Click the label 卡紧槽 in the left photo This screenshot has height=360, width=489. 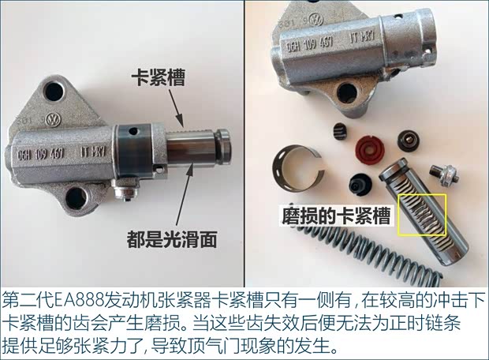pos(158,77)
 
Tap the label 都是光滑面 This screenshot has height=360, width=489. pos(171,239)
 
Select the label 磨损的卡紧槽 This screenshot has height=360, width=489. pos(336,215)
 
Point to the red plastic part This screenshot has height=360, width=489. pos(370,149)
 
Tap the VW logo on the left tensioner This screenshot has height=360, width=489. pos(53,120)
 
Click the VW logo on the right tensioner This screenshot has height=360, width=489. pos(316,20)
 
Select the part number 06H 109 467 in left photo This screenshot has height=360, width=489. pos(41,154)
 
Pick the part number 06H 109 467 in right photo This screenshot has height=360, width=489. pos(310,45)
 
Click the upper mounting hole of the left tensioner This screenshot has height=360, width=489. pos(54,92)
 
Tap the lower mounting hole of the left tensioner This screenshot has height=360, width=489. pos(76,199)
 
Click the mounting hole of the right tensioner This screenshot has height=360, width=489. pos(347,92)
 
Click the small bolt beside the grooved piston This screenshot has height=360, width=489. pos(444,175)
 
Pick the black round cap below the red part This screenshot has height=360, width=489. pos(360,184)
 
